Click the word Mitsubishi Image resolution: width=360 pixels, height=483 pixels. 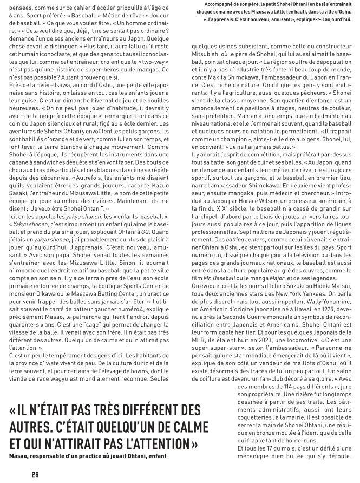208,70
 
